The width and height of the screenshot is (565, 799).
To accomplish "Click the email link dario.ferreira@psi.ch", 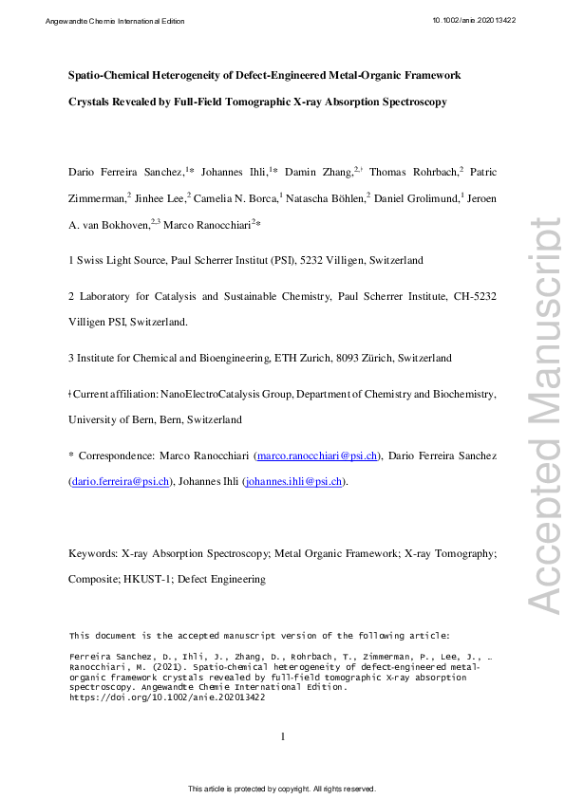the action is (121, 481).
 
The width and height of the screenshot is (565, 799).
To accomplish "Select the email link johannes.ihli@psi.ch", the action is (292, 481).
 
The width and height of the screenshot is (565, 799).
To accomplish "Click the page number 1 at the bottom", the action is (283, 736).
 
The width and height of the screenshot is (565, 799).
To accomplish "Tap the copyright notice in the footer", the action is (282, 789).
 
